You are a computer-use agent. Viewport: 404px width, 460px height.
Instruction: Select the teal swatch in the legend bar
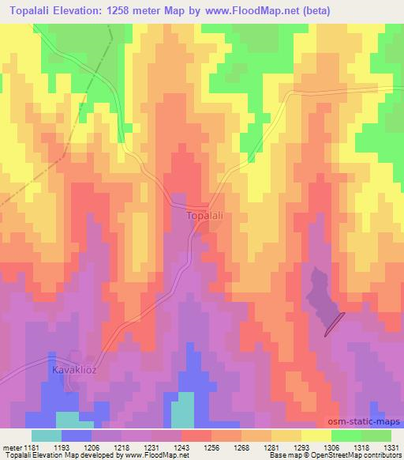46,435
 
